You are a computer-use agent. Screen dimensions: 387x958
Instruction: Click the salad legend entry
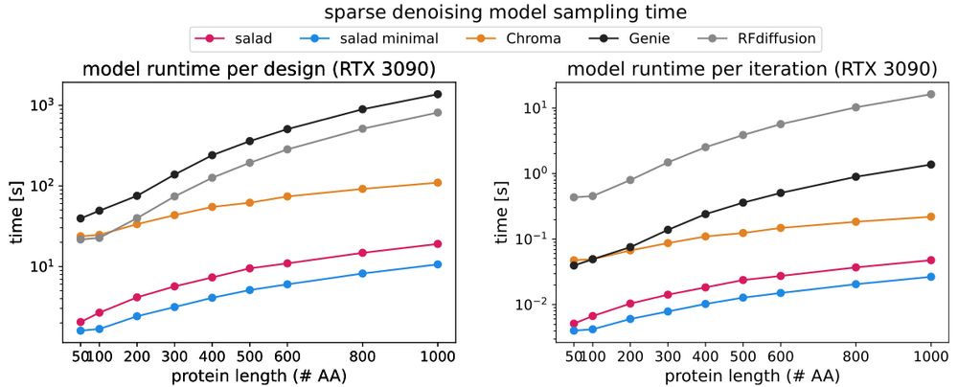click(239, 38)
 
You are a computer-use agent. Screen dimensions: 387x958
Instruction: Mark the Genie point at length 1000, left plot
click(438, 94)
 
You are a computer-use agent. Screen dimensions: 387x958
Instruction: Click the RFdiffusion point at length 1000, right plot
click(930, 94)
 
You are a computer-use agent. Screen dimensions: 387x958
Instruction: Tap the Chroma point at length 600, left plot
click(286, 196)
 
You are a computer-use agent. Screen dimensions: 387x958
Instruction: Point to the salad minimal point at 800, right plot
click(855, 284)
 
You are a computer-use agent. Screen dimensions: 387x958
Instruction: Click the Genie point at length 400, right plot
click(705, 214)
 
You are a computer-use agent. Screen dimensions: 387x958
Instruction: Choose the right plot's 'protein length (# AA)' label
click(746, 376)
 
